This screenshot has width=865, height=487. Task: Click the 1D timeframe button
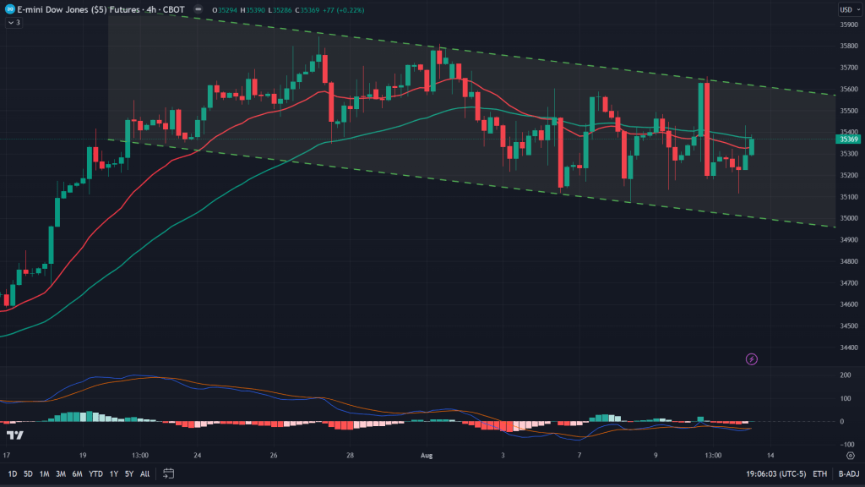pyautogui.click(x=12, y=473)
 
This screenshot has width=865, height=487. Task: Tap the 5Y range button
pyautogui.click(x=129, y=473)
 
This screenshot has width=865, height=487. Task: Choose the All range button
pyautogui.click(x=145, y=473)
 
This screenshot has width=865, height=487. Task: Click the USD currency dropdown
pyautogui.click(x=846, y=9)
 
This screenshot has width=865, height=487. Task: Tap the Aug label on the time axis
pyautogui.click(x=427, y=454)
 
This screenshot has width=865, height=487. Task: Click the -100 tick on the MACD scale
pyautogui.click(x=845, y=444)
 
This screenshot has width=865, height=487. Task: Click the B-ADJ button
pyautogui.click(x=848, y=473)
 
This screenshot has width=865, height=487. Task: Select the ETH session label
pyautogui.click(x=819, y=473)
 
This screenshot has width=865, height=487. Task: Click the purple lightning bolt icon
pyautogui.click(x=752, y=359)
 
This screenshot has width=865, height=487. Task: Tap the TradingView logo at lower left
pyautogui.click(x=14, y=435)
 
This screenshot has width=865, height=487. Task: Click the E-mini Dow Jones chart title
pyautogui.click(x=84, y=9)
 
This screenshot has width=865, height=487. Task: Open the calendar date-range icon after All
pyautogui.click(x=169, y=473)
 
